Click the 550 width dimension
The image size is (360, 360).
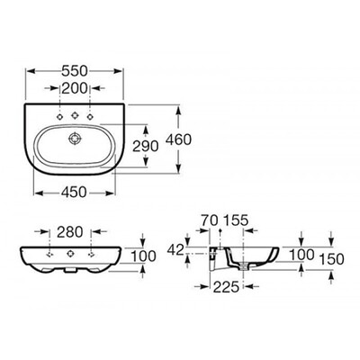(x=75, y=71)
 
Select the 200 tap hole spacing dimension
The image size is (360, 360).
(x=75, y=88)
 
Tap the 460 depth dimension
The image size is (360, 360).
(x=178, y=139)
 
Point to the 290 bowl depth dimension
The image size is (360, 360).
(x=145, y=146)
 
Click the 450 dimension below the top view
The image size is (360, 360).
(x=74, y=193)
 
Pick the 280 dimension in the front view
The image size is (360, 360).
(x=69, y=231)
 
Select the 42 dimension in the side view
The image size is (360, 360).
(x=175, y=249)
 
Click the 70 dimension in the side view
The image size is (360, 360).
(x=209, y=220)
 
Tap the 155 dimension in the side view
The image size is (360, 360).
(x=236, y=220)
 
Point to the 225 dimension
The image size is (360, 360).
(x=226, y=287)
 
